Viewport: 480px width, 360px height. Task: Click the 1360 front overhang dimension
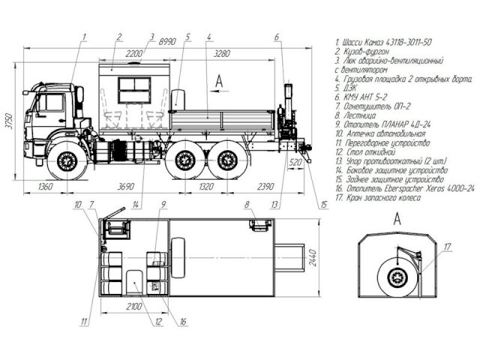[x=46, y=187]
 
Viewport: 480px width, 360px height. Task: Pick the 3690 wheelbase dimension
[x=116, y=187]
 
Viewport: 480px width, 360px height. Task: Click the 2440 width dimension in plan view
[x=313, y=259]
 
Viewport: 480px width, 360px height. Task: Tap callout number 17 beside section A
[x=448, y=247]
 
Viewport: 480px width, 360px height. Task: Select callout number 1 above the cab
[x=85, y=36]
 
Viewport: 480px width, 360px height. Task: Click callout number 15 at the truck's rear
[x=323, y=202]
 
